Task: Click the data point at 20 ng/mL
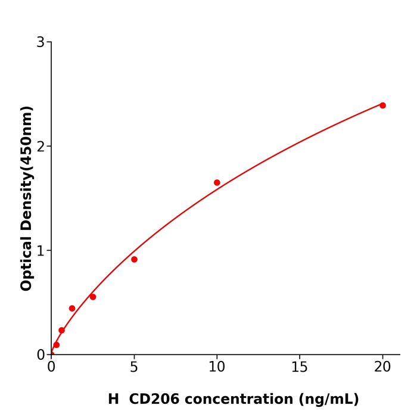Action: click(382, 105)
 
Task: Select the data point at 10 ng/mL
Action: click(217, 183)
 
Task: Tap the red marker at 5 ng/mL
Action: click(134, 260)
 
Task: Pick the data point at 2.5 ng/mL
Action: click(93, 297)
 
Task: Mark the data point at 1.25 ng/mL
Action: click(72, 309)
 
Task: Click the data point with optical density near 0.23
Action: click(61, 331)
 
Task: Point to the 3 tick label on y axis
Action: click(41, 42)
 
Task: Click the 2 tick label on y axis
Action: click(41, 147)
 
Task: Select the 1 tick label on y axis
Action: click(41, 251)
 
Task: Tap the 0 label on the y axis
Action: click(41, 355)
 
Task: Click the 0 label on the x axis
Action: click(51, 368)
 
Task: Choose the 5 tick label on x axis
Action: click(134, 368)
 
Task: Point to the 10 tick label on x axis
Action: click(217, 368)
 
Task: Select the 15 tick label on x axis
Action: click(300, 368)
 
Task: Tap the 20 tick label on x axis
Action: click(382, 368)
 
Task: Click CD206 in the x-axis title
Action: click(154, 400)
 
